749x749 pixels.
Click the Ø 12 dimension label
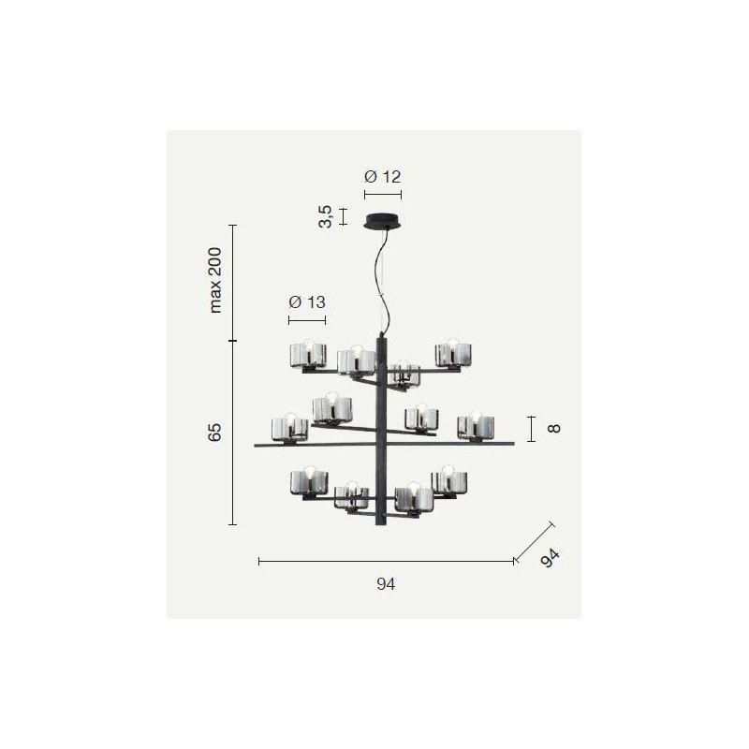pyautogui.click(x=382, y=177)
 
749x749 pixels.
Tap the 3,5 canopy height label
pyautogui.click(x=325, y=216)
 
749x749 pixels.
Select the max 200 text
pyautogui.click(x=215, y=280)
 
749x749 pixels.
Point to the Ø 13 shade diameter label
pyautogui.click(x=307, y=301)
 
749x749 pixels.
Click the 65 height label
pyautogui.click(x=215, y=432)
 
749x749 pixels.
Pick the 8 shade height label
pyautogui.click(x=553, y=428)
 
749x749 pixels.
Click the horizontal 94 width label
pyautogui.click(x=386, y=583)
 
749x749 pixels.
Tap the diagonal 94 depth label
pyautogui.click(x=550, y=558)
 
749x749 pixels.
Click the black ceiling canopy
pyautogui.click(x=383, y=222)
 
